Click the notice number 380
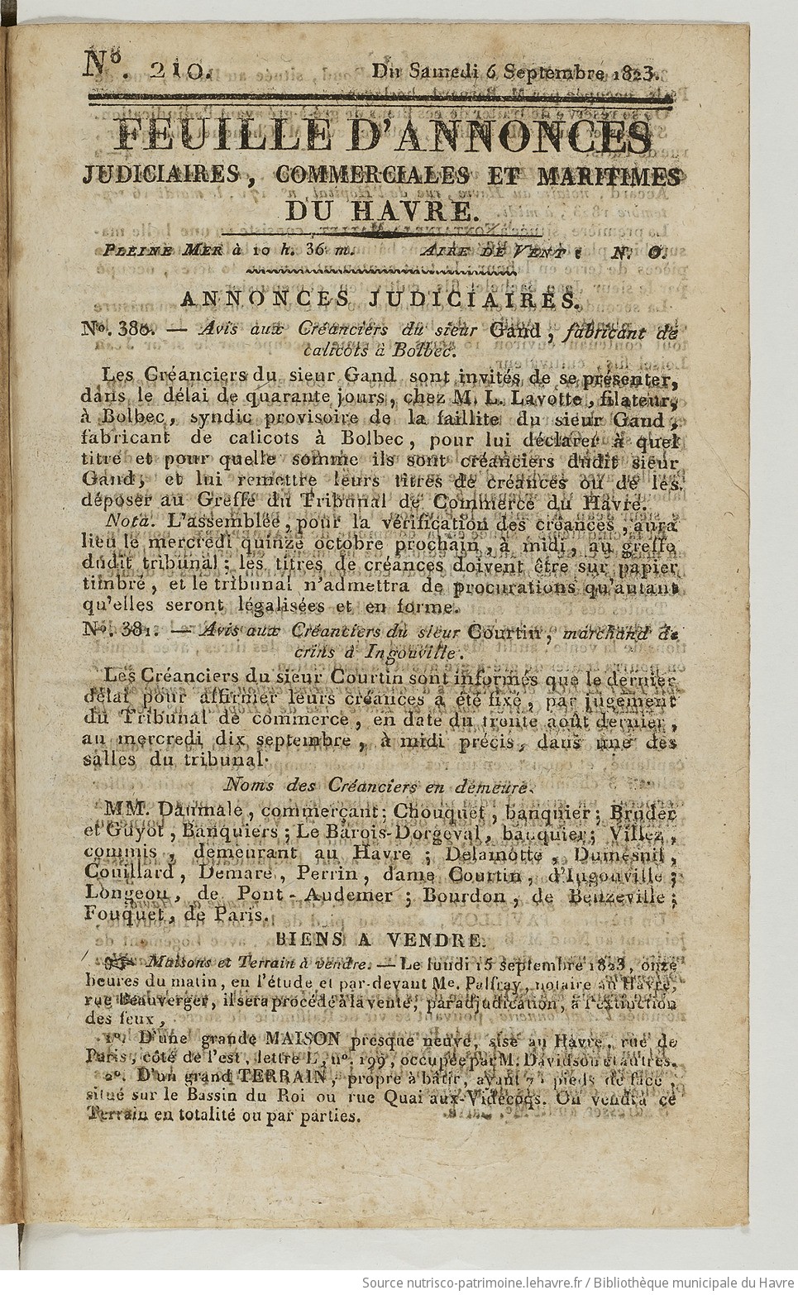click(x=141, y=330)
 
